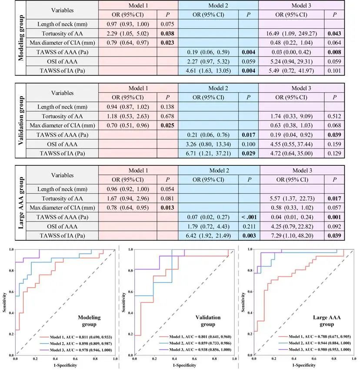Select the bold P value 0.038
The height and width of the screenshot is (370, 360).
point(167,34)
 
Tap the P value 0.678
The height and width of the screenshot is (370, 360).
point(167,117)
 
